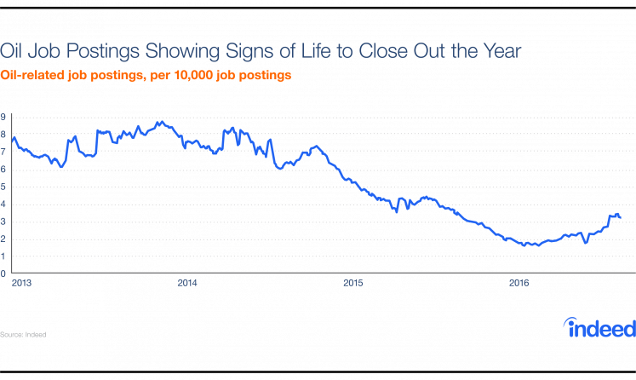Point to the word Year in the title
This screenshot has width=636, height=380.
pos(501,51)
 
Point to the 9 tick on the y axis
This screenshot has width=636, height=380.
pos(3,118)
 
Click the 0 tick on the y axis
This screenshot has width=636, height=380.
pos(3,274)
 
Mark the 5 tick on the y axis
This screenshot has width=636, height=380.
pos(3,187)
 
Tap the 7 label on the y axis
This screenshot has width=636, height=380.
pos(3,152)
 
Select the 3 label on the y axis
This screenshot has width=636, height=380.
pos(3,222)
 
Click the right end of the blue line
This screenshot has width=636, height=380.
pos(620,217)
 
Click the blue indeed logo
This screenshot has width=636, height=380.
pos(600,326)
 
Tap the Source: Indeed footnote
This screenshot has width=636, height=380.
pos(23,334)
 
